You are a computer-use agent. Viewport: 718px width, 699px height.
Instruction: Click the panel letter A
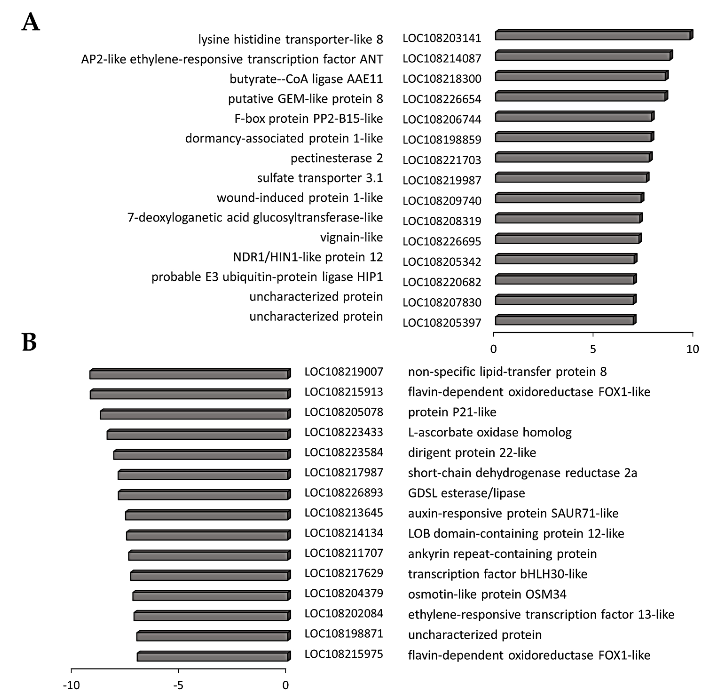point(31,22)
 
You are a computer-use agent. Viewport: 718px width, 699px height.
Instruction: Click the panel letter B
point(29,342)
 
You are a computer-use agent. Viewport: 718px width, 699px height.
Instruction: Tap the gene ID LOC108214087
point(442,58)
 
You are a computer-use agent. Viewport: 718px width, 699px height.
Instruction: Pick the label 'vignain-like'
point(351,237)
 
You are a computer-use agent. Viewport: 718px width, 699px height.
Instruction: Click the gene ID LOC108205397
point(442,323)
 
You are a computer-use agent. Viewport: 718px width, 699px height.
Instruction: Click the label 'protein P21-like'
point(452,412)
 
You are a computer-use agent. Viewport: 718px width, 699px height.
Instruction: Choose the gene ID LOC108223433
point(344,432)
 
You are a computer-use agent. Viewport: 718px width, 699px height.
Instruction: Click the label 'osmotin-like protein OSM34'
point(487,594)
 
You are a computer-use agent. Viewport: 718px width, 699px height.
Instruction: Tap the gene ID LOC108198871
point(344,634)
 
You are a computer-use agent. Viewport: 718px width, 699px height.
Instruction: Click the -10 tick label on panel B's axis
point(71,685)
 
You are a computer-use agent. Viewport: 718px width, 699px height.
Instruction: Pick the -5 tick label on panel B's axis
point(178,685)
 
